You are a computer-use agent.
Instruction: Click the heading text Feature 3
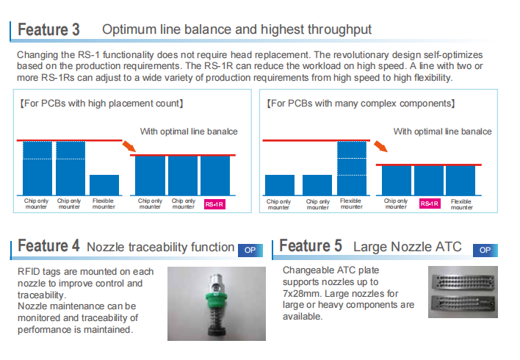48,29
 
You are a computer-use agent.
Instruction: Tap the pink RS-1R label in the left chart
214,204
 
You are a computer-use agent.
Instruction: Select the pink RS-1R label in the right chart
430,204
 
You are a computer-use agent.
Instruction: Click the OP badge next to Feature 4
250,251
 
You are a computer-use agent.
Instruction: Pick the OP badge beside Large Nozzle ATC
485,251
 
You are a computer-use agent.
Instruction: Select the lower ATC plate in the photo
462,303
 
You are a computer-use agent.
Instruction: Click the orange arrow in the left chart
129,145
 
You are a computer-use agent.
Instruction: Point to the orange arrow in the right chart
380,146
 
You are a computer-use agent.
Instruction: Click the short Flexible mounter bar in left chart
104,185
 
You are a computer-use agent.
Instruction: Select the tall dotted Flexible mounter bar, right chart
352,168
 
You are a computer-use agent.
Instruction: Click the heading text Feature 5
311,246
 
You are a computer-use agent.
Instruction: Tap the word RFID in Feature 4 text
29,272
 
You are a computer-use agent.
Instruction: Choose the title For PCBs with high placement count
102,104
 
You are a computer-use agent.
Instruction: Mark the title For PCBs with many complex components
361,104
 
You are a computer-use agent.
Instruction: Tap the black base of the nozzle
217,332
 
